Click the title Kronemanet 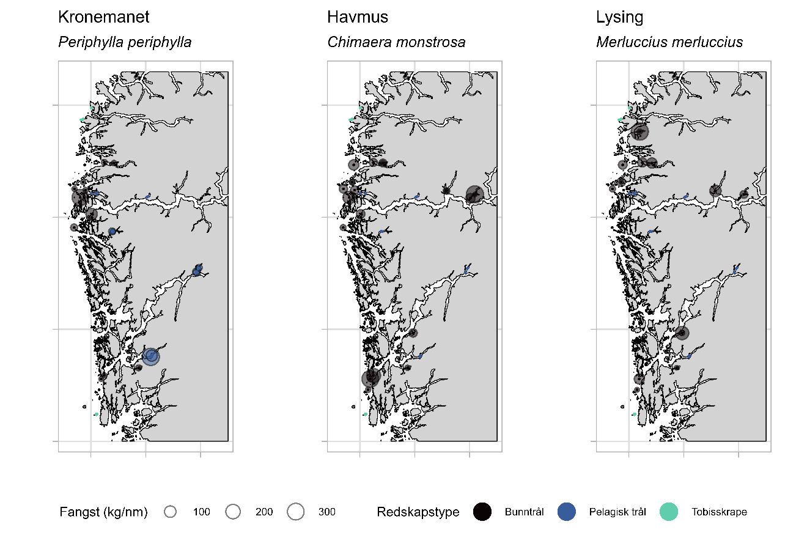(x=103, y=17)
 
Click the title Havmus (x=358, y=17)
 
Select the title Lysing (x=619, y=17)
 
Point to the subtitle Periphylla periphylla (x=125, y=42)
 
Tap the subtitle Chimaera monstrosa (x=396, y=42)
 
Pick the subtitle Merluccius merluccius (x=669, y=42)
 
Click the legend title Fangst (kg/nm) (x=104, y=512)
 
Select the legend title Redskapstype (x=418, y=512)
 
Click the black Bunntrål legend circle (x=483, y=512)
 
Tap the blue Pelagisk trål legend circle (x=567, y=512)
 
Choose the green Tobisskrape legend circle (x=669, y=512)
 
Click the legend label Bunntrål (x=524, y=512)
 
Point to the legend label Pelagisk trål (x=617, y=512)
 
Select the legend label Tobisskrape (x=719, y=512)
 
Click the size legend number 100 (x=201, y=512)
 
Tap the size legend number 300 (x=326, y=512)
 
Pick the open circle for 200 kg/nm (x=232, y=512)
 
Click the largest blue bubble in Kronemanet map (x=151, y=356)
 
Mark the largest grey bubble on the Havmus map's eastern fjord (x=474, y=194)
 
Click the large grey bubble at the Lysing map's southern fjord (x=682, y=333)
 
